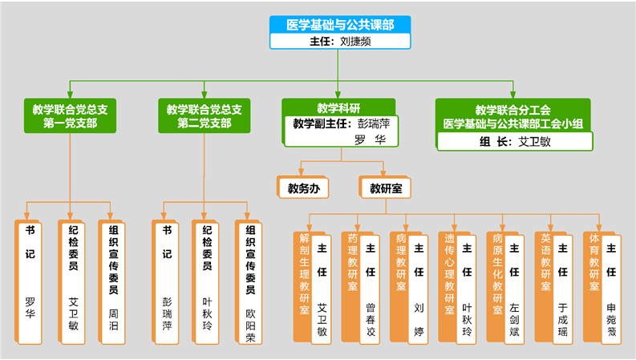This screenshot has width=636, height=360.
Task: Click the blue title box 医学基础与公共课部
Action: point(339,25)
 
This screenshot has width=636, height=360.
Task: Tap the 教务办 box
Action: point(298,188)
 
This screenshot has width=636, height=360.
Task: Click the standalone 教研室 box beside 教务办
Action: point(385,188)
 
